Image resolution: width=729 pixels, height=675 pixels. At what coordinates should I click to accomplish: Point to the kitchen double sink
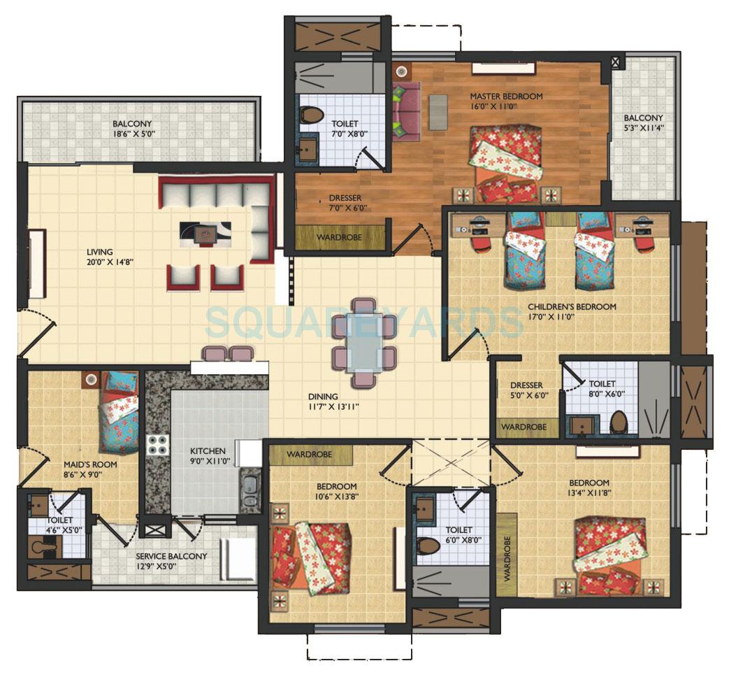point(250,490)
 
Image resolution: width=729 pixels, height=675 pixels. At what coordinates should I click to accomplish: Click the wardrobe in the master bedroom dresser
point(339,237)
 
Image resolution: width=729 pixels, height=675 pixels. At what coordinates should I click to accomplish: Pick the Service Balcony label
point(171,556)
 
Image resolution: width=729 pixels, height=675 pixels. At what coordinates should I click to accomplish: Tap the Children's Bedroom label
point(571,306)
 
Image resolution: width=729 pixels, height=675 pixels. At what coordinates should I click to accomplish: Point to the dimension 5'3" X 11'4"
point(643,127)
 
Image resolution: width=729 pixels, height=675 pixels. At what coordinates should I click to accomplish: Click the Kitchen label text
point(208,451)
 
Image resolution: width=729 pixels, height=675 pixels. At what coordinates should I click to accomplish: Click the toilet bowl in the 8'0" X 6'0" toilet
point(618,422)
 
